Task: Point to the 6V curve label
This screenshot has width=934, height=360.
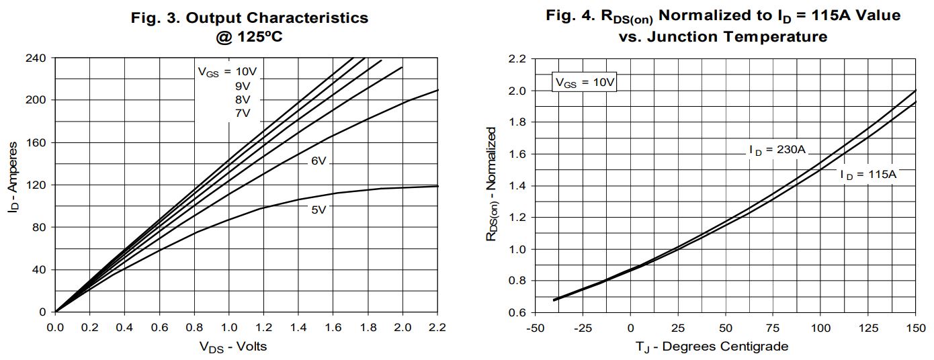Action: click(319, 162)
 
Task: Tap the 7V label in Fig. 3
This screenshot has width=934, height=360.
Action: click(243, 113)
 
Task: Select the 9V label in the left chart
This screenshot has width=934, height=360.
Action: click(243, 86)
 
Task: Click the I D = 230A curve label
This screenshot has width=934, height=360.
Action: click(777, 150)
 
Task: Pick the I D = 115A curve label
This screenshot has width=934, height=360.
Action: click(868, 175)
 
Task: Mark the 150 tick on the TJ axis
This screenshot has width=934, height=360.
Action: click(915, 328)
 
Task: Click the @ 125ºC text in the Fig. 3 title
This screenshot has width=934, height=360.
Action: click(249, 37)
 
